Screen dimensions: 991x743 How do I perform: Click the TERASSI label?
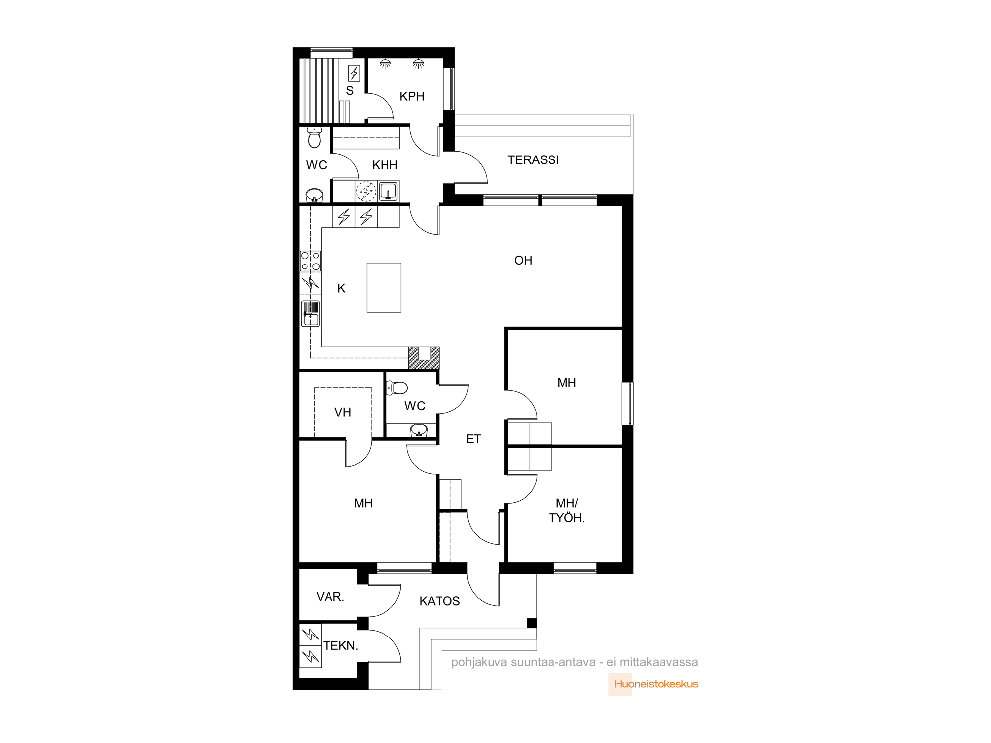click(x=533, y=160)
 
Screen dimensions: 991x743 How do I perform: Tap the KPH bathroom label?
click(x=412, y=96)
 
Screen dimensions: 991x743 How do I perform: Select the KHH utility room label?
click(x=385, y=165)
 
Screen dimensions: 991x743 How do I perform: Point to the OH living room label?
click(x=523, y=260)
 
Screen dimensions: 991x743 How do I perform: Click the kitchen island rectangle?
click(x=384, y=287)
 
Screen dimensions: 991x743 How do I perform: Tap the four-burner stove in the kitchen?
click(x=311, y=261)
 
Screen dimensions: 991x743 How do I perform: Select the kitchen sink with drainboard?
click(x=311, y=314)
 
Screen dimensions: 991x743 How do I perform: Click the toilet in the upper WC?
click(x=314, y=137)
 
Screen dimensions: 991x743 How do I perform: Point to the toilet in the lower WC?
click(x=397, y=388)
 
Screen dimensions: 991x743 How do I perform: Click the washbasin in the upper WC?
click(x=314, y=195)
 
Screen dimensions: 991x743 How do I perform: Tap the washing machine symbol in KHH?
click(x=366, y=191)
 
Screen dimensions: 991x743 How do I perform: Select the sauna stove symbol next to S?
click(x=354, y=73)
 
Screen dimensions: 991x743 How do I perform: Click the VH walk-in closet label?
click(x=343, y=412)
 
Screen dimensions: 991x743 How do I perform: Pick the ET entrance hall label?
click(x=473, y=439)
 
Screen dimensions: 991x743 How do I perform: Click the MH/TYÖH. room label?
click(x=567, y=511)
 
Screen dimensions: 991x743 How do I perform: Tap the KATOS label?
click(x=440, y=601)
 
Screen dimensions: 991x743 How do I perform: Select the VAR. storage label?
click(x=330, y=597)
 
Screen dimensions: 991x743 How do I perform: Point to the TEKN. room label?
click(x=340, y=646)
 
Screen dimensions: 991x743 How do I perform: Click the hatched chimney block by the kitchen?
click(x=424, y=358)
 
